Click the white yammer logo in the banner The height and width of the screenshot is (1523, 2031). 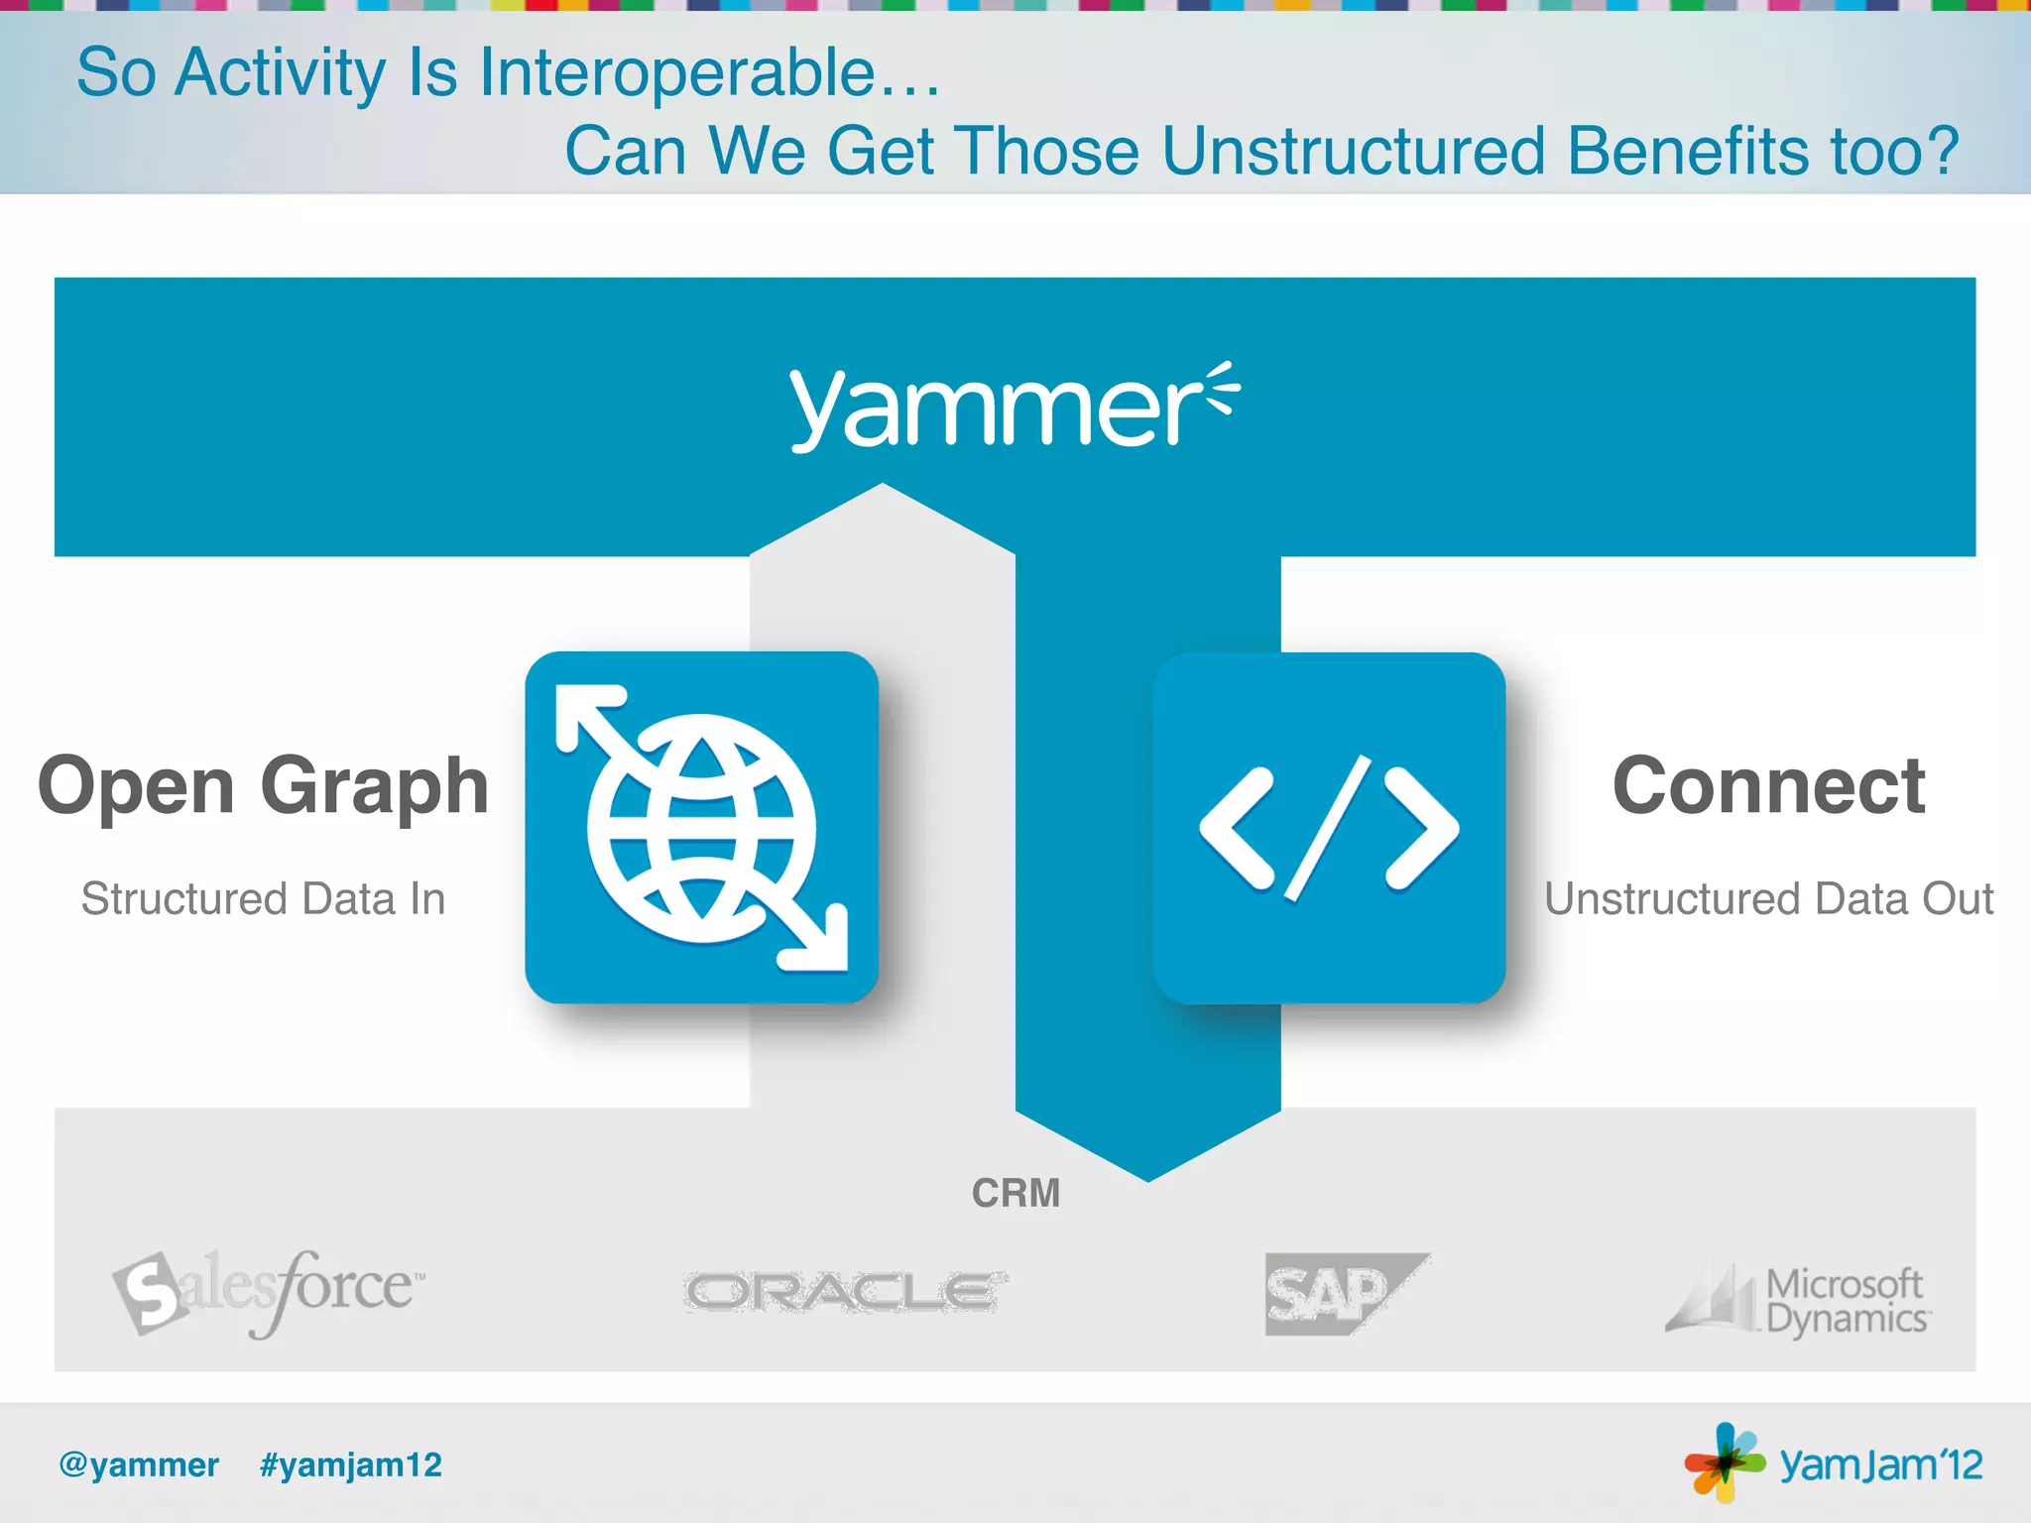coord(1014,407)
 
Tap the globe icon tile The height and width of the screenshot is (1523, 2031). coord(701,827)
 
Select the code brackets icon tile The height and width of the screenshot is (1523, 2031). coord(1329,828)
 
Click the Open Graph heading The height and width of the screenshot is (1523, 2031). coord(263,786)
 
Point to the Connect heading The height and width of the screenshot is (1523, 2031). coord(1768,785)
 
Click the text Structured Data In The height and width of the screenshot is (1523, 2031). coord(263,898)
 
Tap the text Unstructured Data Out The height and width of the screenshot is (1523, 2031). coord(1768,898)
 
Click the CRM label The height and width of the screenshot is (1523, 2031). coord(1015,1193)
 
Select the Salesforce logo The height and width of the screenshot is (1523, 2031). coord(268,1291)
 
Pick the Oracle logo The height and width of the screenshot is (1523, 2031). coord(846,1292)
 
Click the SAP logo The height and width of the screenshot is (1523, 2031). coord(1344,1293)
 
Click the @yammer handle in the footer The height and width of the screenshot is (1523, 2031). coord(139,1464)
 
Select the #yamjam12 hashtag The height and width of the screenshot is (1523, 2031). coord(351,1464)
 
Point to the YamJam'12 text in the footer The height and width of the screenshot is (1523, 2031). coord(1880,1464)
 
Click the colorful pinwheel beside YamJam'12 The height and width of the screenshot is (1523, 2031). coord(1725,1462)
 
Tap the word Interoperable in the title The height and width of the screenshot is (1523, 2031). coord(677,72)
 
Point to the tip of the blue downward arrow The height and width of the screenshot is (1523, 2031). coord(1148,1178)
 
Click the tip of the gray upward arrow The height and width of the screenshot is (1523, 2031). coord(882,487)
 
